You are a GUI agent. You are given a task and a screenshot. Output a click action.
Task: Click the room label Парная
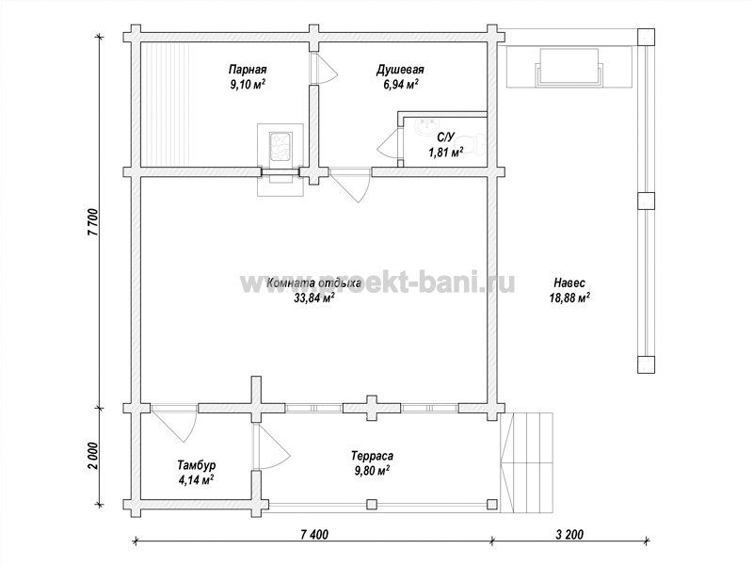248,70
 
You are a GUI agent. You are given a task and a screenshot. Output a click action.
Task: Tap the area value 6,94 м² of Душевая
401,85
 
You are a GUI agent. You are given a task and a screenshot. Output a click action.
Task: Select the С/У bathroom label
445,137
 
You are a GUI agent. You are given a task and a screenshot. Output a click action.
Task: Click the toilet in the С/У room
476,143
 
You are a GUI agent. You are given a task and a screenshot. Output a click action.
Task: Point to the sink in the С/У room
425,127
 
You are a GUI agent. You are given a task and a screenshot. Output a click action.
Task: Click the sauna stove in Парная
280,146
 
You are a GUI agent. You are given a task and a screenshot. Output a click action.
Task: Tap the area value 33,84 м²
314,299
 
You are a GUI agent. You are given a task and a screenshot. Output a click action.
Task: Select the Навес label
569,282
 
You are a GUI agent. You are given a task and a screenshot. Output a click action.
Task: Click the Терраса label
372,456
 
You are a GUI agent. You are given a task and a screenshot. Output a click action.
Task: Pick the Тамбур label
196,465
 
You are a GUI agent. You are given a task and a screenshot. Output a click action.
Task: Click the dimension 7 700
93,222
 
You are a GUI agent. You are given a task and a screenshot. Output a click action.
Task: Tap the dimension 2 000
93,456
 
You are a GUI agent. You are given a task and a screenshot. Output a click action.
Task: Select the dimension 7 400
314,534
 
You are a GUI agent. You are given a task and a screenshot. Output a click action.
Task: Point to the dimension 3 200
569,534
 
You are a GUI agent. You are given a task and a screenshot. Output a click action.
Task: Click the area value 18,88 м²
569,298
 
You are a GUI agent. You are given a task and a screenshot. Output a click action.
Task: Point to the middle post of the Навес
646,201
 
